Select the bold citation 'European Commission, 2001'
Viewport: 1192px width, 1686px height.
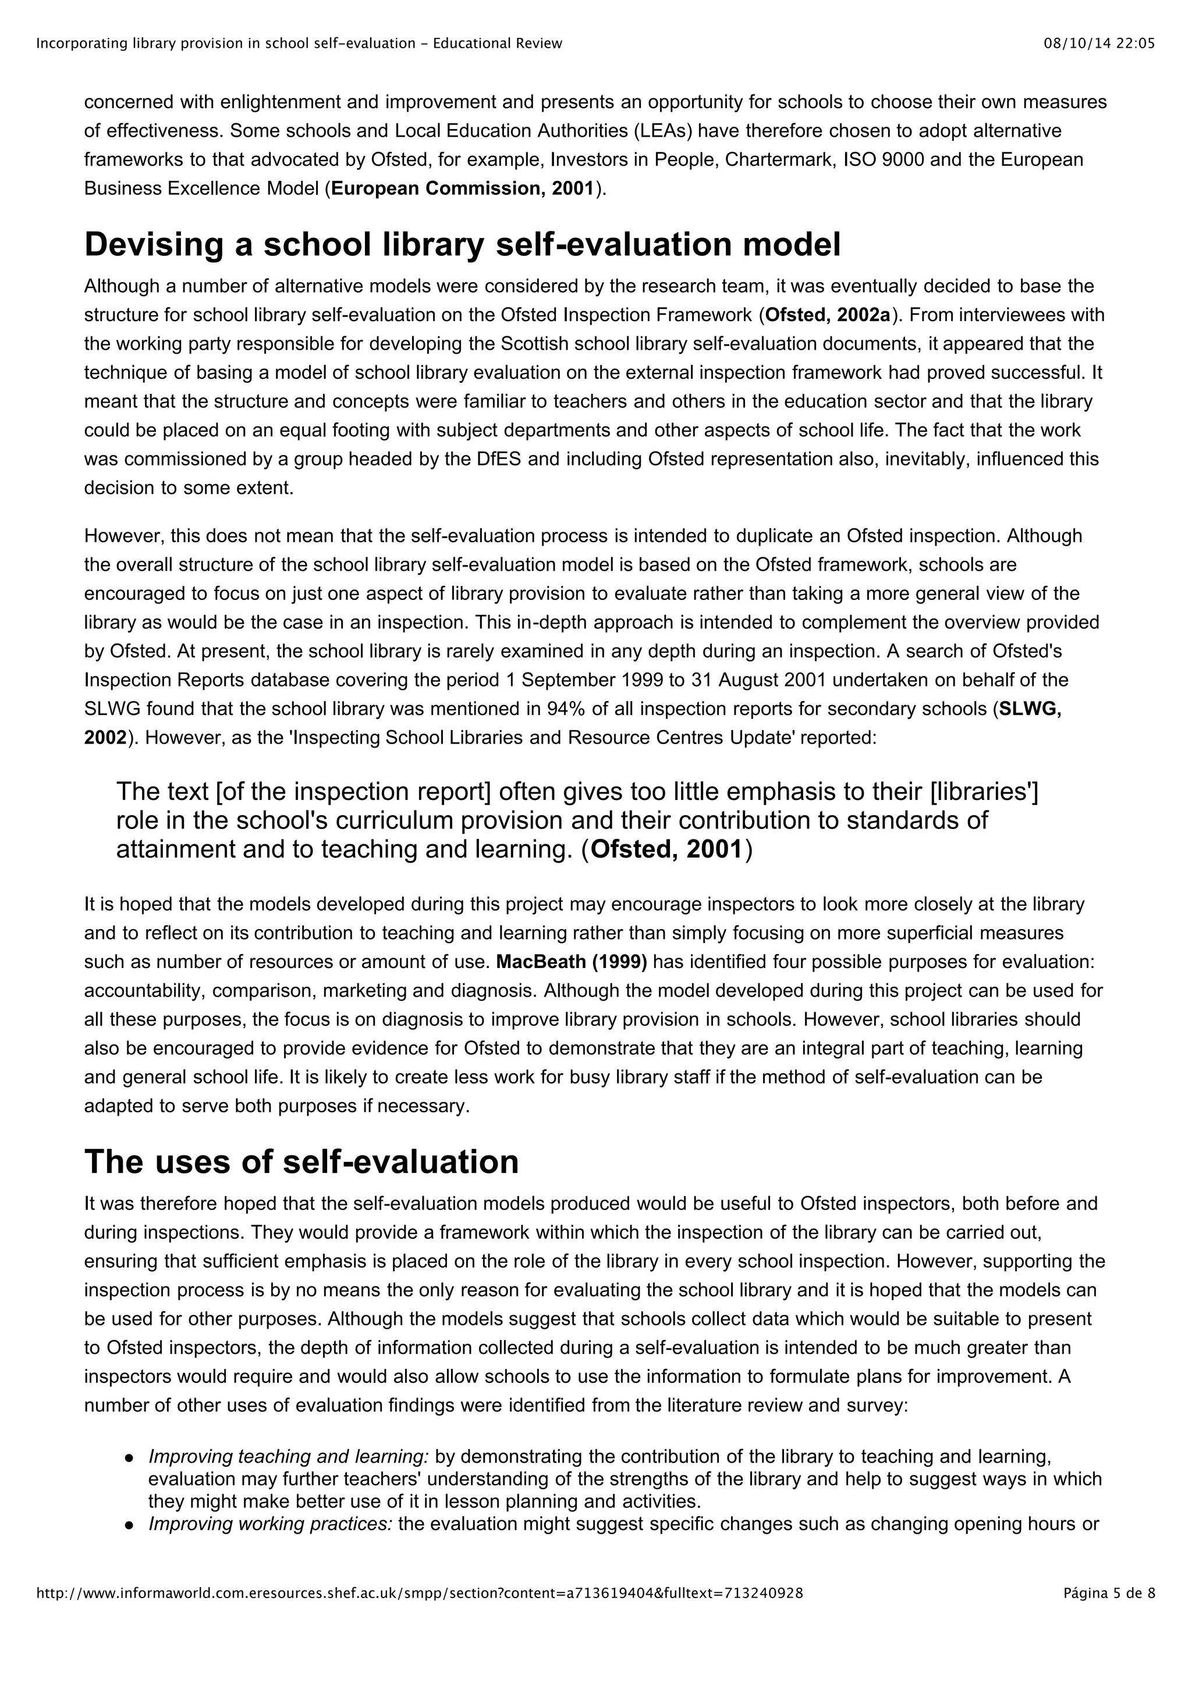point(462,188)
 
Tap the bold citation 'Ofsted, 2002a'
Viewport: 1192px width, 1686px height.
point(828,315)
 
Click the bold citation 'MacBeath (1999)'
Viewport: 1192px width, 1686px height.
point(572,962)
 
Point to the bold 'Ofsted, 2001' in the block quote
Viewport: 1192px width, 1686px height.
point(666,849)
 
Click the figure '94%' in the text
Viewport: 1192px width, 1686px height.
point(564,709)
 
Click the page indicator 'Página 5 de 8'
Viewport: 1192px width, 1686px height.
point(1109,1614)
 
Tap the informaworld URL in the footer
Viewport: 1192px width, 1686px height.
point(418,1614)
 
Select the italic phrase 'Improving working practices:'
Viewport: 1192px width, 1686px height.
point(270,1524)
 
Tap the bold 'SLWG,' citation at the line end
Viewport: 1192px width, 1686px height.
point(1030,709)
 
